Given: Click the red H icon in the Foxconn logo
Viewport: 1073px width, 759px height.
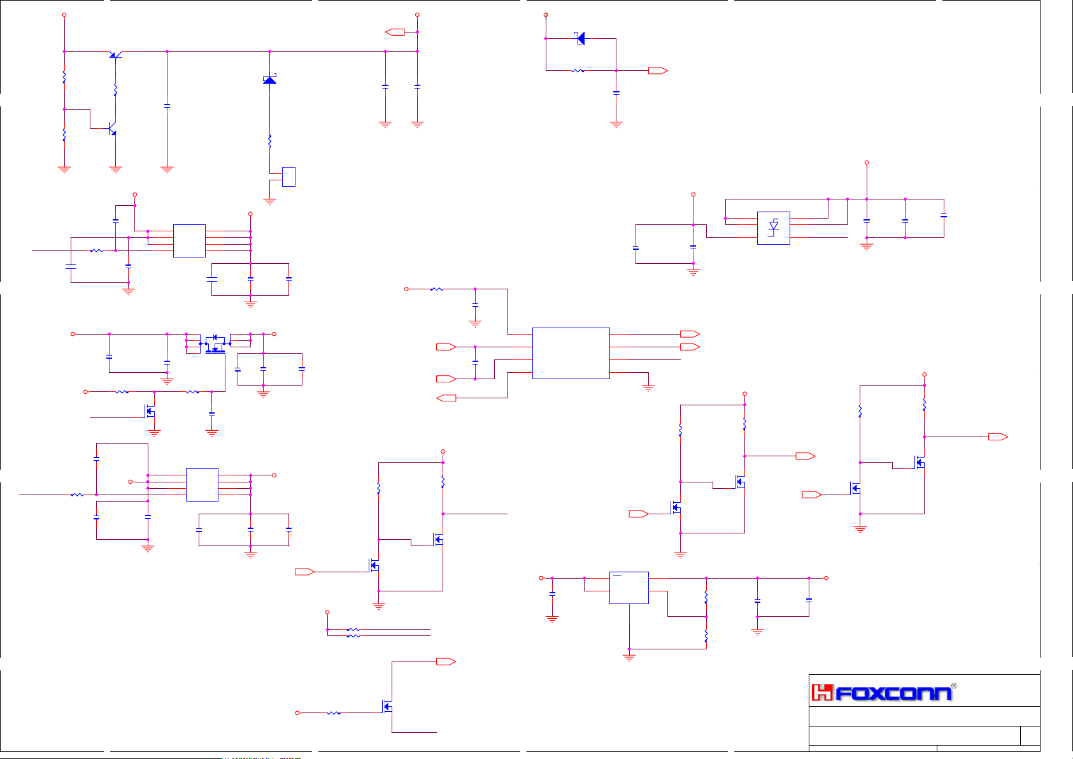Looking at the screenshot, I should pyautogui.click(x=822, y=693).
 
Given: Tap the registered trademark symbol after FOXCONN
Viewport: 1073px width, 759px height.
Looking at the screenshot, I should pyautogui.click(x=953, y=686).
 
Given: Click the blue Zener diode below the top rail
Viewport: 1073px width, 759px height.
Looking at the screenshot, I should pyautogui.click(x=269, y=80).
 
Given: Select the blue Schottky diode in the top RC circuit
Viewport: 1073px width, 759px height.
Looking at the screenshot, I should pyautogui.click(x=580, y=38).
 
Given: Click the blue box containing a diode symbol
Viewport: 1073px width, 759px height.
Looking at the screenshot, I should pyautogui.click(x=774, y=228).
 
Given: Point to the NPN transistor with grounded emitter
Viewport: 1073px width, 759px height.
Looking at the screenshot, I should pyautogui.click(x=112, y=129).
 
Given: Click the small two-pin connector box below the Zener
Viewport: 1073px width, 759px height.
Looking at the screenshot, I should pyautogui.click(x=288, y=177).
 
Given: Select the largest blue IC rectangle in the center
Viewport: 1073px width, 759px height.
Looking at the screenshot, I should pyautogui.click(x=571, y=353).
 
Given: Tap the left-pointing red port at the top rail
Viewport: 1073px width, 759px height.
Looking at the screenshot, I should pyautogui.click(x=395, y=32).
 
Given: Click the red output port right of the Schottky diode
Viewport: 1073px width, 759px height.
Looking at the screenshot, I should pyautogui.click(x=658, y=71).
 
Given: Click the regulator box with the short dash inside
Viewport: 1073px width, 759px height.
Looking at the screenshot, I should pyautogui.click(x=629, y=588).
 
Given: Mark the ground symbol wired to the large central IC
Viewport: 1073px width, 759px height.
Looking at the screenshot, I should pyautogui.click(x=648, y=387).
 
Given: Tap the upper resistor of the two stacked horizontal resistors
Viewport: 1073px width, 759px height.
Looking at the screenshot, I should pyautogui.click(x=353, y=630).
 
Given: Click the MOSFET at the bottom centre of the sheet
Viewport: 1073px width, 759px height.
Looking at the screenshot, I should pyautogui.click(x=387, y=707).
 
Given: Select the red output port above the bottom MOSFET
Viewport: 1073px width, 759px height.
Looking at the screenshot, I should pyautogui.click(x=446, y=662).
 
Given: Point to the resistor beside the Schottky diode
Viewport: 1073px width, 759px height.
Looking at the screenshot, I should pyautogui.click(x=578, y=71).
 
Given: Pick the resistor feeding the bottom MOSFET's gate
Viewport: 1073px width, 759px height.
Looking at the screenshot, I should pyautogui.click(x=334, y=713).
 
